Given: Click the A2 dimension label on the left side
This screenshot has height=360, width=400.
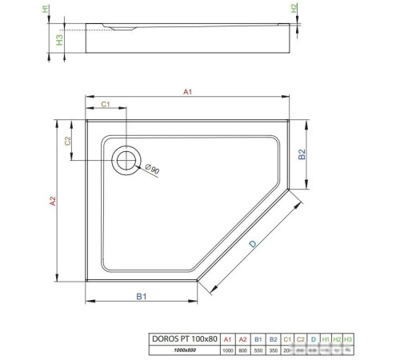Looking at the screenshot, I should pos(52,203).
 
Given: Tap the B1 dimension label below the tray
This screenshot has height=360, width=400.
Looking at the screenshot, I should pos(141,297).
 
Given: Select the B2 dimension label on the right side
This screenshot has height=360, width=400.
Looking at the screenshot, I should pos(302,155).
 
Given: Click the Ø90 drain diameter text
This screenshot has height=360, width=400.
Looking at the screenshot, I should pos(151,169).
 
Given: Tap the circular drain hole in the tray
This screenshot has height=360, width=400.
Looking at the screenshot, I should pos(126,160).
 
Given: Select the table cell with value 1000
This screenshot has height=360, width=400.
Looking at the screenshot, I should pos(228,351).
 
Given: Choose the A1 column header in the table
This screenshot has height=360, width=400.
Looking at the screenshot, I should pos(228,339).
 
